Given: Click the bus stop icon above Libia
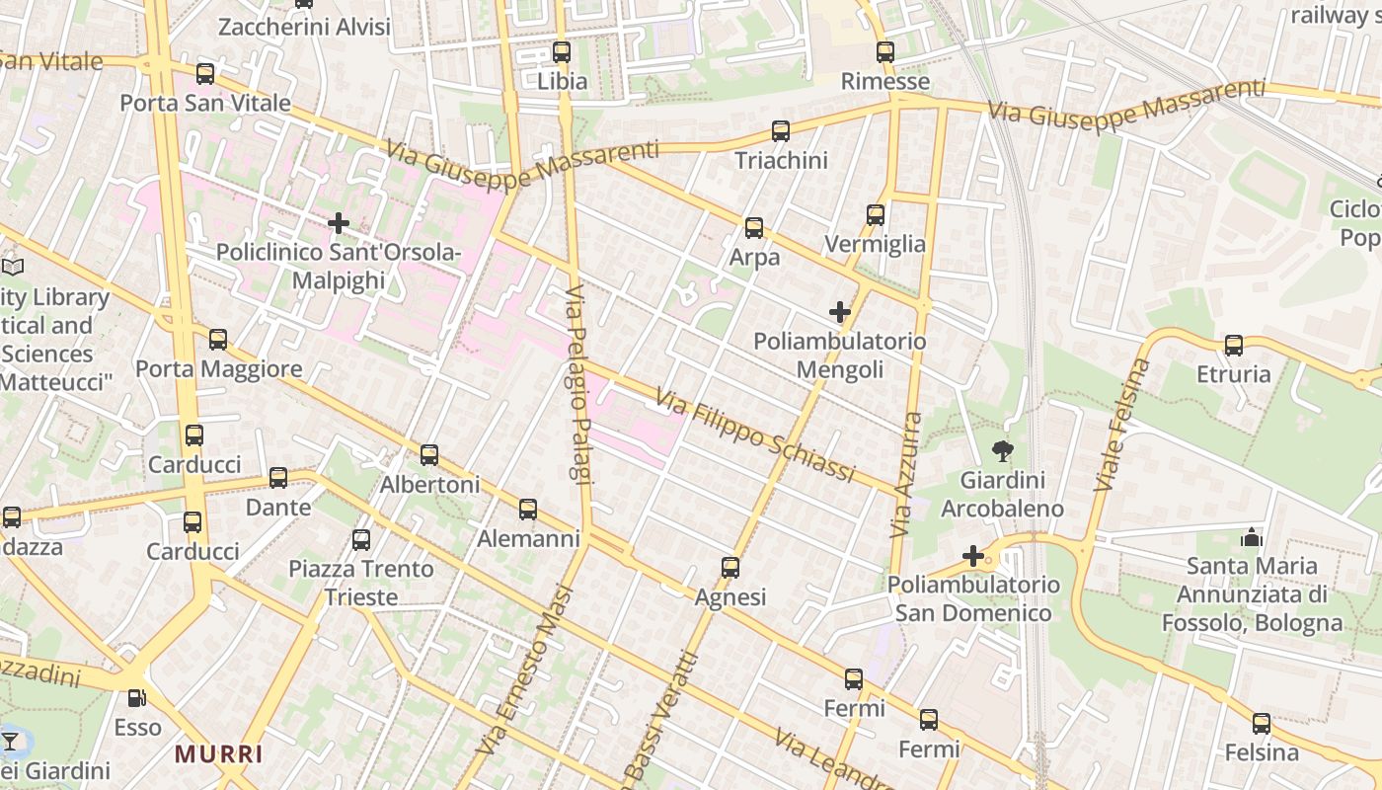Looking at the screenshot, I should [x=562, y=52].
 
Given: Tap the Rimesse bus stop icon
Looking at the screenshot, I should [x=885, y=52].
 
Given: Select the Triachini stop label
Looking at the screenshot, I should [x=781, y=160].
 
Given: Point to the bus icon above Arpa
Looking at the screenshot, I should [x=754, y=228].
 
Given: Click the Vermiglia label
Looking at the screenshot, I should [x=875, y=244].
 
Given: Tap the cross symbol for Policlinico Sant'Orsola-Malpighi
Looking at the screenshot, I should [x=339, y=223].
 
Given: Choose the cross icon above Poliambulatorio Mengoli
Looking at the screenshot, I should [x=840, y=312].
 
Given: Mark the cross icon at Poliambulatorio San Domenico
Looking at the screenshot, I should [x=973, y=556].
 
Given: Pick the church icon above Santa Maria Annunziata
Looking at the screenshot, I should [x=1252, y=537].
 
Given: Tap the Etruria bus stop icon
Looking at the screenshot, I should [x=1234, y=346].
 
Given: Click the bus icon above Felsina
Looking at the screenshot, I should [x=1262, y=724].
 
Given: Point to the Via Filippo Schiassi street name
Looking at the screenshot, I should [x=755, y=434].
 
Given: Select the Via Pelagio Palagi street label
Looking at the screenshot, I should [x=577, y=385].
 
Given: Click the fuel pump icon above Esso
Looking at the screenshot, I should [x=137, y=698].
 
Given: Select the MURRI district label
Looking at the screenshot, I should [x=219, y=754].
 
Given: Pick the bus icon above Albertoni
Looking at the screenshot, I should [x=429, y=455].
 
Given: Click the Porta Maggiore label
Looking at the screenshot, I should [x=218, y=369].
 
